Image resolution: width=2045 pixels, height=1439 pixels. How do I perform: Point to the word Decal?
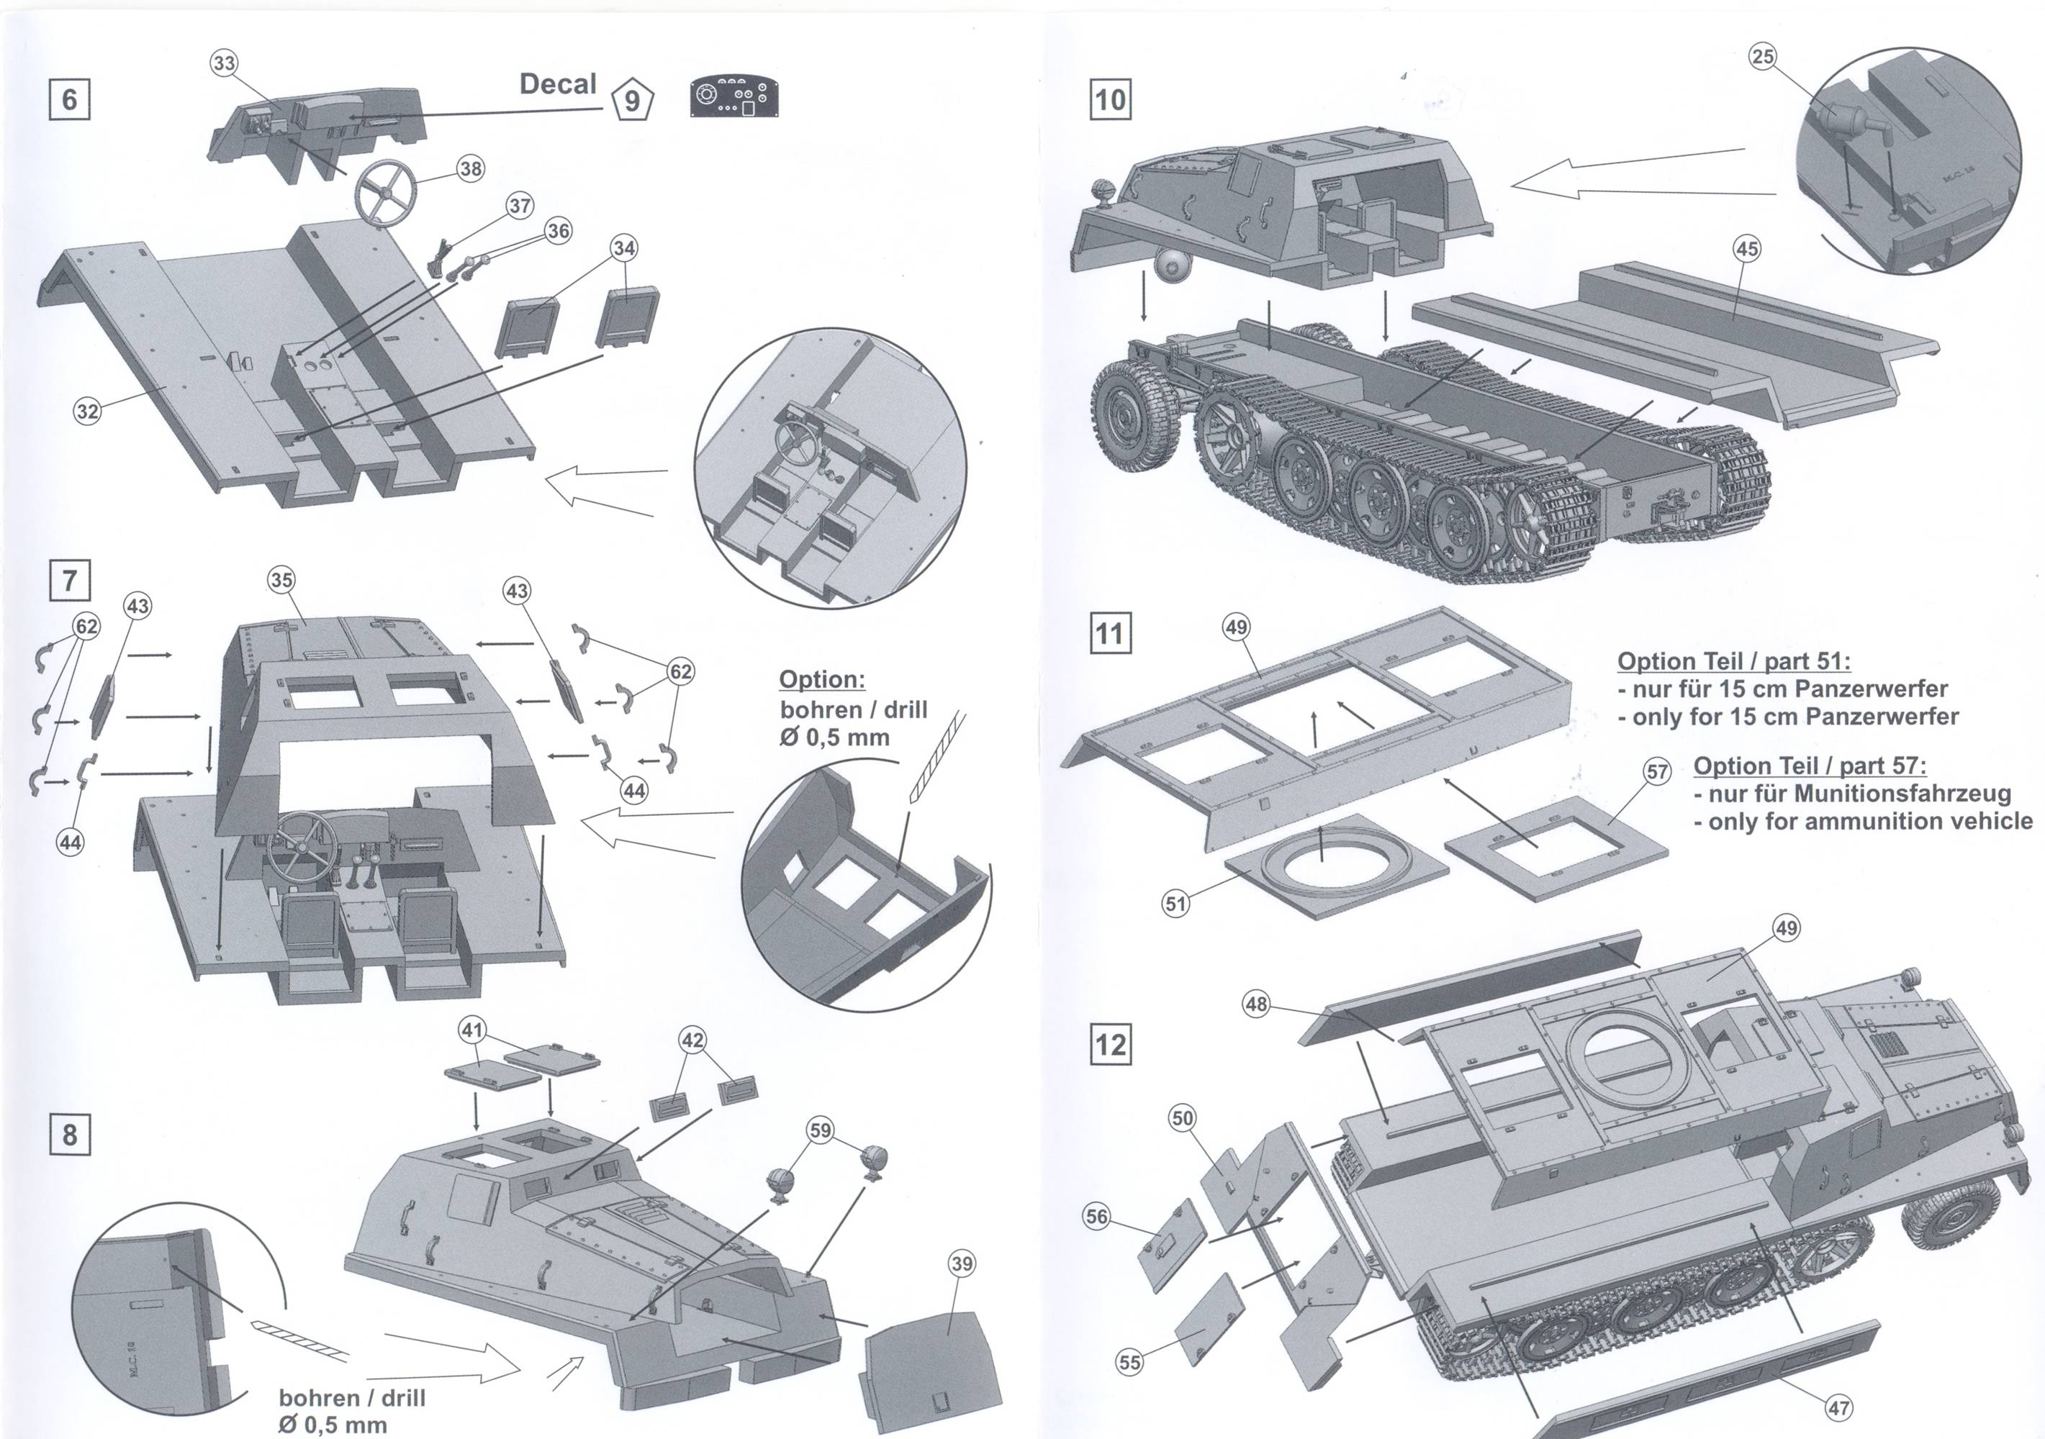(558, 85)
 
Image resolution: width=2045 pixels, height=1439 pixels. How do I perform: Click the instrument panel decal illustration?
(735, 97)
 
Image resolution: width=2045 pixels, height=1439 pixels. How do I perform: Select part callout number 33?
(225, 63)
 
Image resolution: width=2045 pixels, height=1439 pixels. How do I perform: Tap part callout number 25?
(1763, 57)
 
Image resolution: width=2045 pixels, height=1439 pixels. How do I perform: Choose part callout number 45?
(1746, 248)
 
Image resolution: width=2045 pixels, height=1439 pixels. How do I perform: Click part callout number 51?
(1175, 904)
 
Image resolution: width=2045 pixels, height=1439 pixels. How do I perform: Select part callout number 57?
(1657, 771)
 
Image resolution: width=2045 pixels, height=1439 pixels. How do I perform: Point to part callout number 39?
(962, 1263)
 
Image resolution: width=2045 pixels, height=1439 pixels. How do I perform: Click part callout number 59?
(819, 1130)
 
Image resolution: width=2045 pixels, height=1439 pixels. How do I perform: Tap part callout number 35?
(281, 580)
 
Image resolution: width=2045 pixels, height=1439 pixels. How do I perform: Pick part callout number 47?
(1838, 1408)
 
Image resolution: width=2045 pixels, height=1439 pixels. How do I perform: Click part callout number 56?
(1096, 1217)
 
